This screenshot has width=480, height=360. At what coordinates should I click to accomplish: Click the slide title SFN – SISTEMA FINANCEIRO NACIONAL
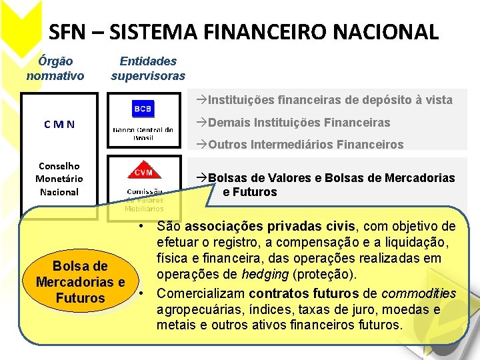244,31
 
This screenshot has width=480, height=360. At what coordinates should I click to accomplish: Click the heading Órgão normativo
55,68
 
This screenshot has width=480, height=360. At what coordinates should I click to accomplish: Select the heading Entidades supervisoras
148,68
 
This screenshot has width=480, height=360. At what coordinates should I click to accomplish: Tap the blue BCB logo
143,108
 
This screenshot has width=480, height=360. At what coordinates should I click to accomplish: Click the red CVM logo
143,172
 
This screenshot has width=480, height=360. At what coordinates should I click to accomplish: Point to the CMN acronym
59,124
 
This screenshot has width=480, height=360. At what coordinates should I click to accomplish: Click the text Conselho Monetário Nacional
59,179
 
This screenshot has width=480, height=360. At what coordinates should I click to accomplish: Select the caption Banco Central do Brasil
143,133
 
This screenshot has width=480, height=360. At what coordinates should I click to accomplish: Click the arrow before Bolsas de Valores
201,178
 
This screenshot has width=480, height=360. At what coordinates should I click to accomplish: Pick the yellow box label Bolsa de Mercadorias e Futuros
80,282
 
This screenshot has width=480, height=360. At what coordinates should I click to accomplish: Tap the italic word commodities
419,293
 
